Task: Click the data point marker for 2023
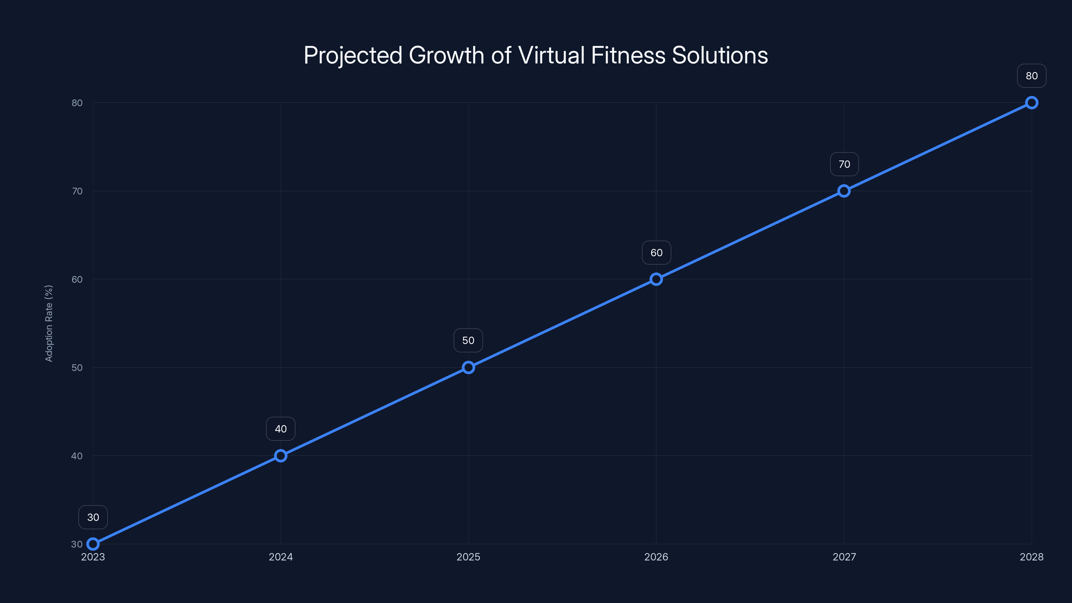coord(93,544)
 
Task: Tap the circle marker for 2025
coord(469,367)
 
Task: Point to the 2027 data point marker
coord(844,191)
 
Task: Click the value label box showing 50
coord(468,340)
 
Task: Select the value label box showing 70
coord(844,164)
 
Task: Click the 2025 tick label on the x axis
coord(468,557)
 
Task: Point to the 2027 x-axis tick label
coord(844,557)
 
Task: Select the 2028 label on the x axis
coord(1031,557)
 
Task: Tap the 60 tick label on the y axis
coord(77,279)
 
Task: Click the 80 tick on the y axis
coord(77,103)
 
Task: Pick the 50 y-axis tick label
coord(77,367)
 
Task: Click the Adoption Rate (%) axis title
coord(49,323)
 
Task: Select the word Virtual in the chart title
coord(551,55)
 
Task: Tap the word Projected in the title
coord(353,55)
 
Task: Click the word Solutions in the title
coord(720,55)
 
